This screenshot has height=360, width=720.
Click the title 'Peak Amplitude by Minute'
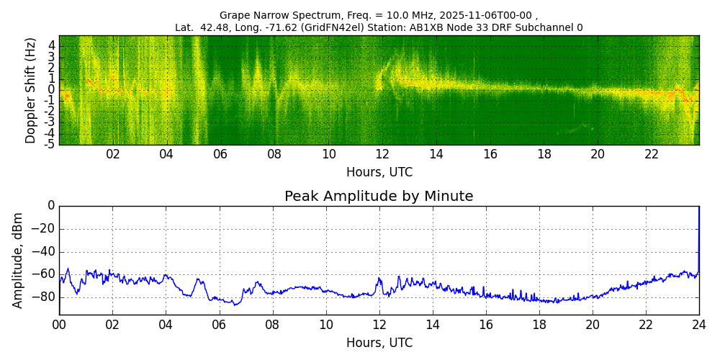point(379,197)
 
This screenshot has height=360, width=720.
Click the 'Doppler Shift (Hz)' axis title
point(31,91)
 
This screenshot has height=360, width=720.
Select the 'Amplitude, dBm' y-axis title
point(19,260)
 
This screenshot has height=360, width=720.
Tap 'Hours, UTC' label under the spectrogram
point(379,173)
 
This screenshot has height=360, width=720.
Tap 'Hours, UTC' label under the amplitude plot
point(379,343)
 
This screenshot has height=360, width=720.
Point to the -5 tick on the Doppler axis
point(51,144)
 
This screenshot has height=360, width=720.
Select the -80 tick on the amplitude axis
point(45,297)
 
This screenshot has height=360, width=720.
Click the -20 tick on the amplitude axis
point(45,229)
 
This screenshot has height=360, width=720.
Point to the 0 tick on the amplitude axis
point(51,206)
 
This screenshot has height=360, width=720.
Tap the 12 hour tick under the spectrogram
point(382,154)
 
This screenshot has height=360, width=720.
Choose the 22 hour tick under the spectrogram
point(652,154)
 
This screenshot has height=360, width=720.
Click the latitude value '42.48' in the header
point(213,28)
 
